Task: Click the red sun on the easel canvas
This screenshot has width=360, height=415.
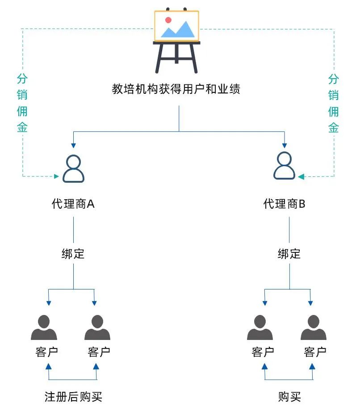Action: click(168, 20)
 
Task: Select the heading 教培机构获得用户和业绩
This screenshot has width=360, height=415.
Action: click(176, 89)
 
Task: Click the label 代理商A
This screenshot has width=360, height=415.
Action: click(73, 204)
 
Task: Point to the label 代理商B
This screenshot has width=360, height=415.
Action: click(285, 204)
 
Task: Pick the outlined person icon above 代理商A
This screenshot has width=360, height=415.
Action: click(73, 168)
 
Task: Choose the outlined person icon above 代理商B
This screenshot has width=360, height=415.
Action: click(284, 166)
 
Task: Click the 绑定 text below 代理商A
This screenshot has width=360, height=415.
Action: click(73, 254)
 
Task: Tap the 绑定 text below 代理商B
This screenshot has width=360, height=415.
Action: click(289, 254)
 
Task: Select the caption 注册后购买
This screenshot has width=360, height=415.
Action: click(73, 396)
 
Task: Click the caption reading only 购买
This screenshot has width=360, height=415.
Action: click(289, 396)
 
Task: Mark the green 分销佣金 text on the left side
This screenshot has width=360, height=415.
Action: click(22, 103)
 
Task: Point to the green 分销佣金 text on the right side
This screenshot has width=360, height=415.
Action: click(334, 103)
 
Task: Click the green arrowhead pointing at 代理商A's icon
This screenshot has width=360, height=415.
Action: click(56, 176)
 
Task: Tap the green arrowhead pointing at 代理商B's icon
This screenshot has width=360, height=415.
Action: click(301, 176)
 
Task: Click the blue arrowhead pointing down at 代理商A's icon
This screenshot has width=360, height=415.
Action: click(73, 146)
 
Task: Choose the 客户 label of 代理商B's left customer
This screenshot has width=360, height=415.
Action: click(263, 352)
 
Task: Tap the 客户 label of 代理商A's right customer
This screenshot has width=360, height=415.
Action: click(99, 352)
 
